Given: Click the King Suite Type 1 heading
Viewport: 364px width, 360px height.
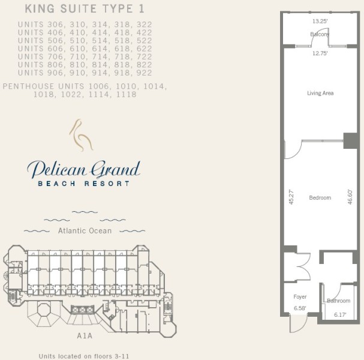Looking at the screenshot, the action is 85,9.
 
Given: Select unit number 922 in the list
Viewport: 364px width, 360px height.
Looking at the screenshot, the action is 145,73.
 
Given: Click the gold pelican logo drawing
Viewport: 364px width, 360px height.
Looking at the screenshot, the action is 81,136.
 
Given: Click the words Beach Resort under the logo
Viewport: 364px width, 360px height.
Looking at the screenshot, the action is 83,184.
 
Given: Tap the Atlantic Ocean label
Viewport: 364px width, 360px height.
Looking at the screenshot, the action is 85,230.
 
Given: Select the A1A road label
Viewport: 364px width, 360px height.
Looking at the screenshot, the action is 85,336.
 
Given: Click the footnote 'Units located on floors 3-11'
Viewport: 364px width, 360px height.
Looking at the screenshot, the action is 83,356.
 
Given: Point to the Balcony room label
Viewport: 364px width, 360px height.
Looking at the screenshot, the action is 320,34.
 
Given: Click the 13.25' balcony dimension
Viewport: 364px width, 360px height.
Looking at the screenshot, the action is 320,22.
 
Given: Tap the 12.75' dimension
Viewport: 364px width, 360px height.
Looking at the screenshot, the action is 320,53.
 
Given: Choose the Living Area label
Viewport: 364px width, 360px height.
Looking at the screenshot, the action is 320,93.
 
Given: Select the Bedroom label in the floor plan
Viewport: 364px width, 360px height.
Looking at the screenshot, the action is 320,197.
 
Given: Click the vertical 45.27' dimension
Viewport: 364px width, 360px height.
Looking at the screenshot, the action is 291,197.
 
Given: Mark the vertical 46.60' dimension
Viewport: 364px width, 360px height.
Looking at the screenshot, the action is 350,197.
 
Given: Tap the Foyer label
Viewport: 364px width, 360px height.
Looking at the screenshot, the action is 300,297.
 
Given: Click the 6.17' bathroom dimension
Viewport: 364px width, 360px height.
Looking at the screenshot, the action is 340,315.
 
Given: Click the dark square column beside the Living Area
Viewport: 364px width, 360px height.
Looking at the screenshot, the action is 350,141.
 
